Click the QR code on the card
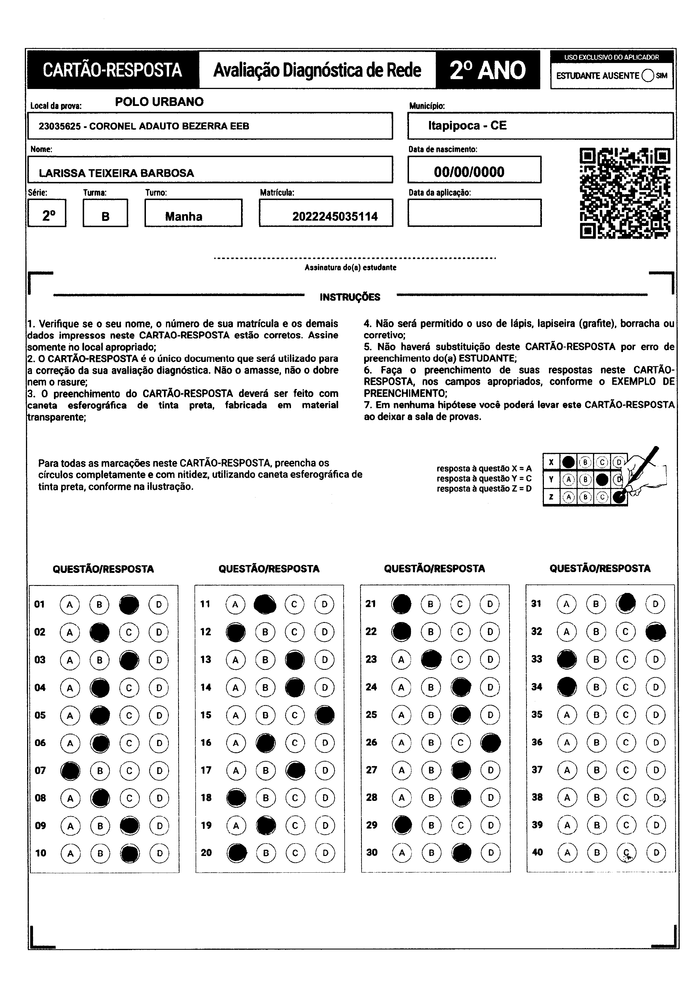(x=625, y=193)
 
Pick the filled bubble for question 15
(x=324, y=715)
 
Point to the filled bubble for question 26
(x=490, y=742)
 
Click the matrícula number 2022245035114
(x=335, y=217)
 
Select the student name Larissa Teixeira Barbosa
(x=117, y=173)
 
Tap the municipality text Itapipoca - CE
(x=467, y=126)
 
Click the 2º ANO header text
(x=487, y=70)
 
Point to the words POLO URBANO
(x=159, y=102)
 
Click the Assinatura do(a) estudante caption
(x=350, y=268)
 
